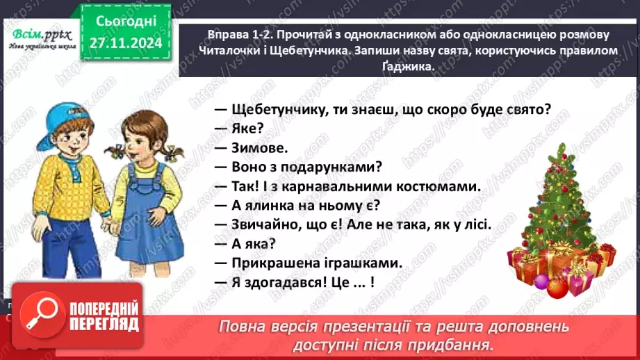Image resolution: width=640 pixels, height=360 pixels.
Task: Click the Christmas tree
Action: click(x=561, y=215)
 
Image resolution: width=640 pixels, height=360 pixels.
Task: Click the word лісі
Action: click(x=476, y=224)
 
